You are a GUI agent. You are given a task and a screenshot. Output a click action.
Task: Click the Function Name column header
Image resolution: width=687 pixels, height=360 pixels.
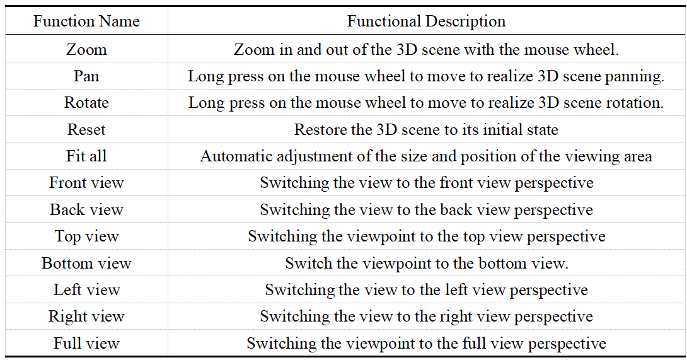coord(86,21)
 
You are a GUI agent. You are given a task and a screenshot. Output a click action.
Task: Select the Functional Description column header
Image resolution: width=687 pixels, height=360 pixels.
coord(426,21)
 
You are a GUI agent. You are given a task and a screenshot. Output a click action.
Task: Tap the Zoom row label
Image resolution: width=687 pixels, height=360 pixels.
coord(86,50)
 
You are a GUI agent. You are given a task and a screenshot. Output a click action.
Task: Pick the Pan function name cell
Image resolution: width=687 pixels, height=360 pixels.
coord(86,76)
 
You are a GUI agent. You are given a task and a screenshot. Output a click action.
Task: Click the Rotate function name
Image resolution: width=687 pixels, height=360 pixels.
coord(86,103)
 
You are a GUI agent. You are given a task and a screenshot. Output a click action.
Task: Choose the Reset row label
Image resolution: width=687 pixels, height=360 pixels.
coord(86,129)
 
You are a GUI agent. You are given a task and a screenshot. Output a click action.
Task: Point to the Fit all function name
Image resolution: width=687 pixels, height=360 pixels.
coord(86,156)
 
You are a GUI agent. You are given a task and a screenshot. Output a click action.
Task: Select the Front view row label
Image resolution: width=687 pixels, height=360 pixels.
coord(86,182)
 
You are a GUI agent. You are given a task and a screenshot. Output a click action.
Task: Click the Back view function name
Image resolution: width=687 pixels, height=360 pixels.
coord(86,209)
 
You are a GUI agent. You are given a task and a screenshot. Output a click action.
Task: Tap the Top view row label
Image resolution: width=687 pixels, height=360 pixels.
coord(86,236)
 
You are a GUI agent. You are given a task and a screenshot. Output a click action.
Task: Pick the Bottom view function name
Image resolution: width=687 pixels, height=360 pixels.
coord(86,263)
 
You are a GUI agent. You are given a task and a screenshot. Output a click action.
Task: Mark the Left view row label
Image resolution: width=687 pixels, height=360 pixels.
coord(86,290)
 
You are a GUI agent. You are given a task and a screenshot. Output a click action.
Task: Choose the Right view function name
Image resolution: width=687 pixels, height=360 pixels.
coord(86,316)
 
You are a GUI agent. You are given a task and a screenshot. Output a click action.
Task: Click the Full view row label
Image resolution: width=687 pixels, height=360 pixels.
coord(86,344)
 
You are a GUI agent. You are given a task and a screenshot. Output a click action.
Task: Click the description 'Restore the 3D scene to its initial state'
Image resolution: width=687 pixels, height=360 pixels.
coord(426,129)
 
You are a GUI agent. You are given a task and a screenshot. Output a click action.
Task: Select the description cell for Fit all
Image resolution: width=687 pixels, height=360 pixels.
coord(426,156)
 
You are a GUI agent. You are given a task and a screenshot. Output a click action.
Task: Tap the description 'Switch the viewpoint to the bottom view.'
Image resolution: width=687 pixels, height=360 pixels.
coord(426,264)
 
